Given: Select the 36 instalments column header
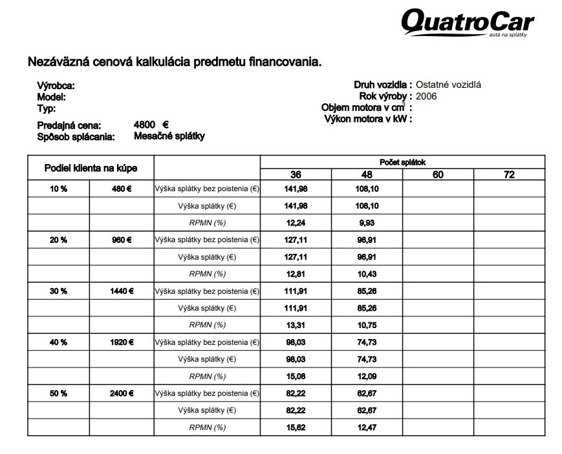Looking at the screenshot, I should pos(296,174).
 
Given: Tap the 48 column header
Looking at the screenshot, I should pos(367,174).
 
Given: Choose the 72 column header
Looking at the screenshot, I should pos(509,174).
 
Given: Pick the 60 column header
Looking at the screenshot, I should pos(438,174).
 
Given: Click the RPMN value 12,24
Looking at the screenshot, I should pos(296,223).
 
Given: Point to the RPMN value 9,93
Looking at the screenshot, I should pos(367,223).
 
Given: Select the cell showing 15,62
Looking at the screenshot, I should pos(296,428).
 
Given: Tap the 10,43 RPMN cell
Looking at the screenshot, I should pos(367,274).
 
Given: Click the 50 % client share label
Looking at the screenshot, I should pos(58,393).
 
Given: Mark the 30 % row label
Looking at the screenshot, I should pos(58,291).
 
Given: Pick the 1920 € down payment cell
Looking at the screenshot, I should pos(122,342).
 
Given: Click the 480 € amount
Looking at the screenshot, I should pos(122,189).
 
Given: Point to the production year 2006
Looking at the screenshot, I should pos(427,96).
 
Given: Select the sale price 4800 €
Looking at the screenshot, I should pos(151,125).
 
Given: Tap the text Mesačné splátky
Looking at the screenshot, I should pos(169,136).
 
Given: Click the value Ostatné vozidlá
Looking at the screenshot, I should pos(448,85).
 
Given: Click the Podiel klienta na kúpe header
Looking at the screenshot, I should pos(91,168).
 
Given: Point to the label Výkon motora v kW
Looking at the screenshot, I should pos(367,119).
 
